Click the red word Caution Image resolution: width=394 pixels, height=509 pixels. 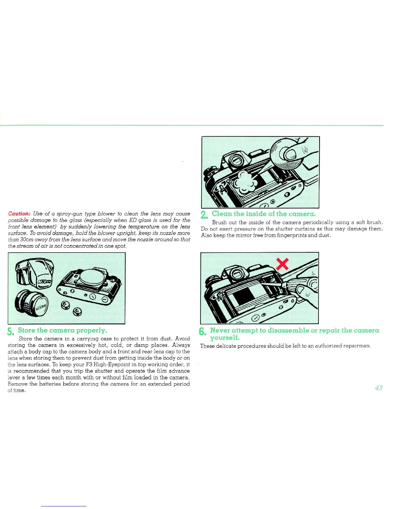[x=19, y=214]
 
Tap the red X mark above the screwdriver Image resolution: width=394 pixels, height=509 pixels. [x=282, y=264]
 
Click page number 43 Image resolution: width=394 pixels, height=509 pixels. [x=379, y=388]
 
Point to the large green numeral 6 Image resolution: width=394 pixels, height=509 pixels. [x=202, y=332]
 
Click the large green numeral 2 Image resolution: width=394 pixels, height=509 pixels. [x=204, y=215]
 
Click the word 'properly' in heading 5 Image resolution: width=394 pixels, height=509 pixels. [x=91, y=330]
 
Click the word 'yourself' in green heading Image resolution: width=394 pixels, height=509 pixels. [x=224, y=337]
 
